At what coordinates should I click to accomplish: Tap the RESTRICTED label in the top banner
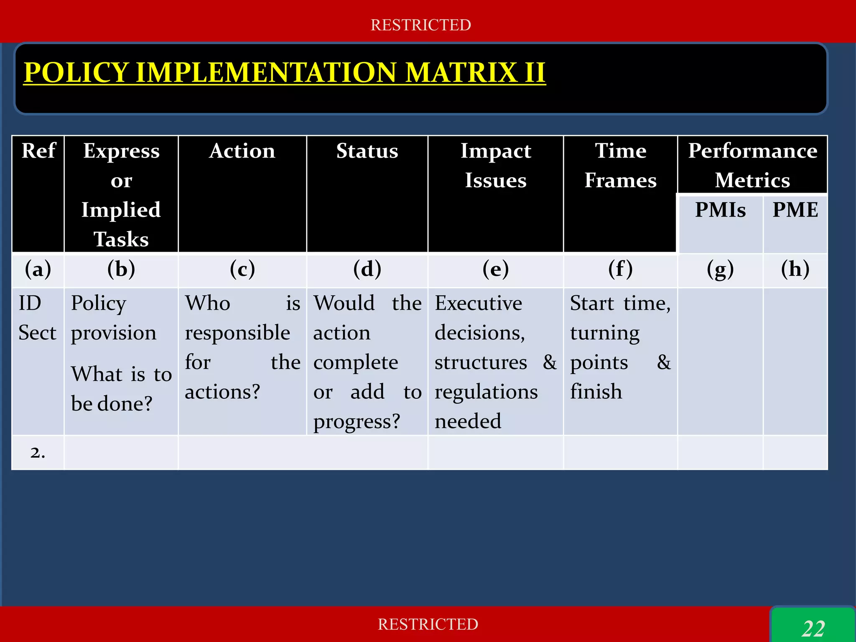tap(420, 25)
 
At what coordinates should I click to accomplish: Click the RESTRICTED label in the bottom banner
tap(428, 624)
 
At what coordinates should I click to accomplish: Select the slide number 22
tap(813, 628)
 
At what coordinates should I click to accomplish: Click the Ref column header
tap(38, 150)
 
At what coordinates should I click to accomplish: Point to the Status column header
tap(367, 151)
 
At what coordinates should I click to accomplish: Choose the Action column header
tap(242, 151)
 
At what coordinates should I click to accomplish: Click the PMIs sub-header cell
tap(720, 210)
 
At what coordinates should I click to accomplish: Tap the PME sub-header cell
tap(795, 210)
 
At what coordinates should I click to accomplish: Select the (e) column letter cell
tap(495, 269)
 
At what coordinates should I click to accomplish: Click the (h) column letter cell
tap(795, 269)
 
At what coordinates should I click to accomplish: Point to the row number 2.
tap(38, 453)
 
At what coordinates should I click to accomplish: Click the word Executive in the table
tap(478, 303)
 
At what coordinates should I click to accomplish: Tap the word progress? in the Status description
tap(357, 421)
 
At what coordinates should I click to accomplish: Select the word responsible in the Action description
tap(237, 333)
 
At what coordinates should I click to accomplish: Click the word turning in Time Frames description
tap(605, 333)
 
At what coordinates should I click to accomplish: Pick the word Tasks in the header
tap(121, 239)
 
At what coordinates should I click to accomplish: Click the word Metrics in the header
tap(752, 181)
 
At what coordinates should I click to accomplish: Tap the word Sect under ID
tap(37, 333)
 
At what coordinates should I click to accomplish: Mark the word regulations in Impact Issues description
tap(486, 392)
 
